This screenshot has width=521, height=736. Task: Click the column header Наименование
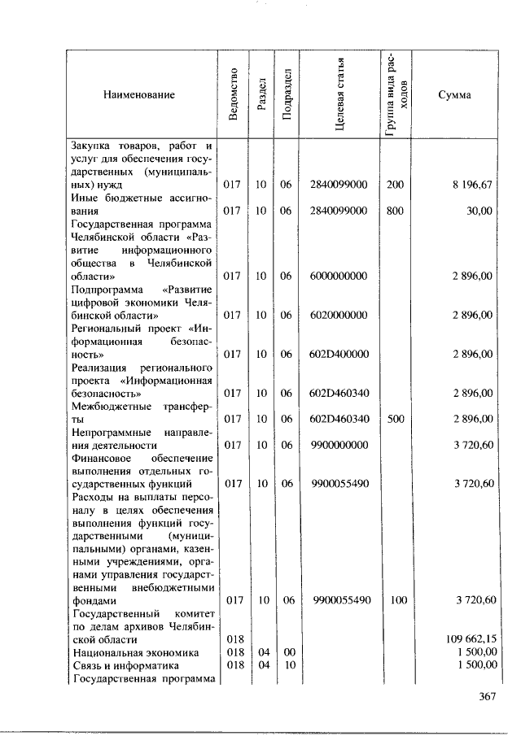(x=139, y=95)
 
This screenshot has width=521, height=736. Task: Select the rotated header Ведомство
(x=234, y=95)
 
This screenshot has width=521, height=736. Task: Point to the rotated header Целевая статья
(x=340, y=95)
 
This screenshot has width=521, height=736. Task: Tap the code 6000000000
(x=339, y=276)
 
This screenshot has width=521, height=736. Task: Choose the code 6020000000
(x=339, y=315)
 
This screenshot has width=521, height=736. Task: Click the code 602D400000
(x=339, y=354)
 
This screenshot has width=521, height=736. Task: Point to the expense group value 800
(x=395, y=211)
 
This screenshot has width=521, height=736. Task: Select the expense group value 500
(x=395, y=419)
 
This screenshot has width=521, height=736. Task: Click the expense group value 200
(x=395, y=185)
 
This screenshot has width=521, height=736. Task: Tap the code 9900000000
(x=339, y=445)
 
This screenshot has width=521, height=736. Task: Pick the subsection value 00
(x=286, y=651)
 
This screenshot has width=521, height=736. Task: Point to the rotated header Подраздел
(x=286, y=95)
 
